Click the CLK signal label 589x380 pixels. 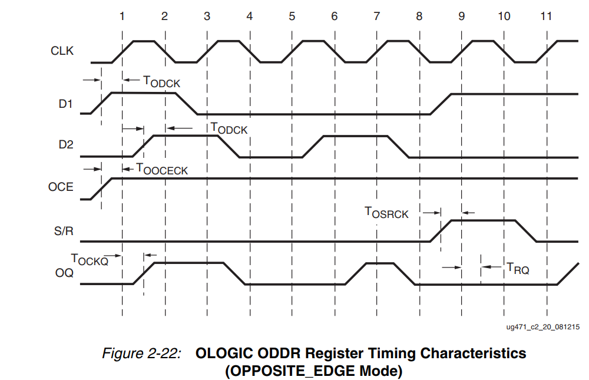62,51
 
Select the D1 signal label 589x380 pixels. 65,105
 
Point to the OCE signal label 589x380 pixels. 61,187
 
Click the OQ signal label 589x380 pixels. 64,273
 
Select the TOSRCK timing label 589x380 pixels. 386,213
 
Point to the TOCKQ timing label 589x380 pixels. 90,259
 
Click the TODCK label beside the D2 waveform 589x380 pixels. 229,128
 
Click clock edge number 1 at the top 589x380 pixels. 122,16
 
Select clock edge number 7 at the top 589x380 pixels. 376,16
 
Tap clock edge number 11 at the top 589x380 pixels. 546,16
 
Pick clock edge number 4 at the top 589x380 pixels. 249,16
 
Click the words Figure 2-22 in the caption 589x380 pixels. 141,354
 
